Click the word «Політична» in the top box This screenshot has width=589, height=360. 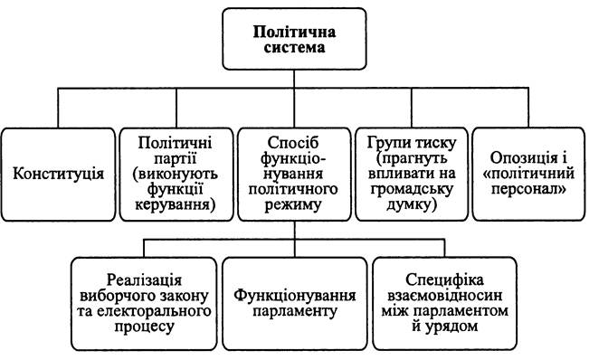(294, 32)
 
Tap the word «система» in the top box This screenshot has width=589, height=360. (294, 48)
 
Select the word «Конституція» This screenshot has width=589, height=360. (58, 174)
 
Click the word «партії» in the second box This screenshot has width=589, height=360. (176, 159)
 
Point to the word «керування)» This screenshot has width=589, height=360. (176, 205)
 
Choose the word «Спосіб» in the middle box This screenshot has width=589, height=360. (293, 143)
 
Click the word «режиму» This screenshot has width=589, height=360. (293, 205)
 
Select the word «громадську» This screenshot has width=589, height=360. (412, 190)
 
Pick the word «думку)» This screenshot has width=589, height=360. (412, 205)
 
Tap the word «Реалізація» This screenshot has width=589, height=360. (144, 280)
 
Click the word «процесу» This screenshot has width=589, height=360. (144, 327)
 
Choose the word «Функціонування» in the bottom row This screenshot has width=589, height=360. (295, 296)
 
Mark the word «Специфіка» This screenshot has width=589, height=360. (445, 280)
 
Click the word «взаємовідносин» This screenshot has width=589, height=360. (445, 296)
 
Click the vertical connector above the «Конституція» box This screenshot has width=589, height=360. (58, 109)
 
